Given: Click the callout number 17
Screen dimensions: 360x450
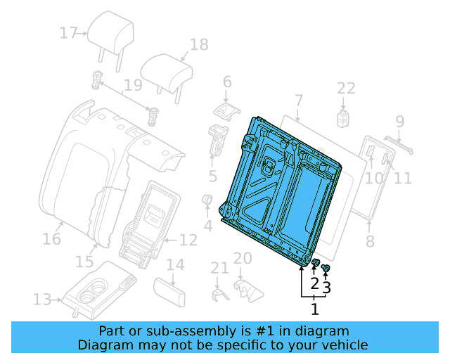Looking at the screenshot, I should click(68, 32).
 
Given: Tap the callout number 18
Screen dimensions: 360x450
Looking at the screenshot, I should click(199, 44).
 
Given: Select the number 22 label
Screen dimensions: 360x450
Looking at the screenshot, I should click(346, 88).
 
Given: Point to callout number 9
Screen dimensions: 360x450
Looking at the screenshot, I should click(400, 121).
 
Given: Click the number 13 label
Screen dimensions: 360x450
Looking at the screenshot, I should click(41, 300).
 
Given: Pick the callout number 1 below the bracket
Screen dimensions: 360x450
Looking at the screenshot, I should click(314, 308).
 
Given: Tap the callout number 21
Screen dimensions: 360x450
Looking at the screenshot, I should click(220, 268).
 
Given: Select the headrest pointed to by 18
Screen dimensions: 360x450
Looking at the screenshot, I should click(166, 70).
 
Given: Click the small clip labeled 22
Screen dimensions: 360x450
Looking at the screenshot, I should click(344, 117).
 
